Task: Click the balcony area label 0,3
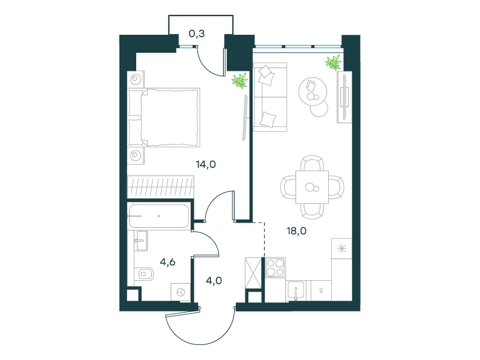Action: coord(197,34)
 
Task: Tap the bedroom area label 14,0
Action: coord(206,164)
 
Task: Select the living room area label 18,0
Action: coord(296,231)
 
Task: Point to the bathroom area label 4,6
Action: coord(168,262)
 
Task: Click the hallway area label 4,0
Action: coord(214,280)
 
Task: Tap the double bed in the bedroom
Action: coord(164,117)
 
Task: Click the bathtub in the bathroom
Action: coord(159,216)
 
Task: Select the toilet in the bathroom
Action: coord(145,274)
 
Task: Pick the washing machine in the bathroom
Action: coord(181,292)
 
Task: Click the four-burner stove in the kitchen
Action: coord(275,267)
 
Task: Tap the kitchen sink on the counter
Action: coord(295,290)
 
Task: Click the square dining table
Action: coord(312,187)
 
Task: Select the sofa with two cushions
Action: coord(271,97)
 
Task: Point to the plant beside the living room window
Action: coord(334,62)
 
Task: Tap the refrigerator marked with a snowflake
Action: coord(341,248)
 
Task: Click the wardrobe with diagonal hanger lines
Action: coord(161,186)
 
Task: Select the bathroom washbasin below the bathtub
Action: coord(141,241)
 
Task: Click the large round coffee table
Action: coord(313,91)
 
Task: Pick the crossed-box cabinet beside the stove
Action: coord(253,273)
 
